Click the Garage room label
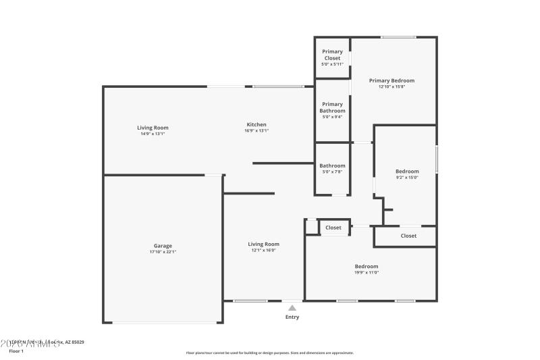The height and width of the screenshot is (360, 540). (x=162, y=246)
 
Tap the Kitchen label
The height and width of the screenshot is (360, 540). (x=256, y=124)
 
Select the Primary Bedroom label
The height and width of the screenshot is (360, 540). (x=391, y=80)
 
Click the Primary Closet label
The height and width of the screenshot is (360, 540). (x=332, y=55)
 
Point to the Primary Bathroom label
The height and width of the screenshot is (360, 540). (x=332, y=107)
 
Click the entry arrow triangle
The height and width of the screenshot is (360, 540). (x=292, y=307)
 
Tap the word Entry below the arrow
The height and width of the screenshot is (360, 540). (x=292, y=317)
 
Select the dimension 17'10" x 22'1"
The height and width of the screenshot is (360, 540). (x=162, y=252)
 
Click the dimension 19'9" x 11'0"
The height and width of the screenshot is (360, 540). (x=367, y=272)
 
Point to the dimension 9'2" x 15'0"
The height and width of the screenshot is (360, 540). (x=407, y=178)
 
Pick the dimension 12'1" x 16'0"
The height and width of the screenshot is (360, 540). (x=263, y=251)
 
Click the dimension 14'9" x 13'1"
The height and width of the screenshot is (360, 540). (x=153, y=134)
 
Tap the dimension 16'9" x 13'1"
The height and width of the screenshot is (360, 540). (x=256, y=131)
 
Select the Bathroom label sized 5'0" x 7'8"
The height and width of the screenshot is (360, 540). (x=332, y=165)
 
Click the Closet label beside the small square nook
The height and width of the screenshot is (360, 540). (x=333, y=228)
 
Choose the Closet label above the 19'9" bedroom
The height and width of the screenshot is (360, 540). (x=408, y=236)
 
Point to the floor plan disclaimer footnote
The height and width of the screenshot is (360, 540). (x=270, y=353)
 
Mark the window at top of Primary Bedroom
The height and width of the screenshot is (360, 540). (x=398, y=37)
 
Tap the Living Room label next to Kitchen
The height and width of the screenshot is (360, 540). (x=153, y=128)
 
